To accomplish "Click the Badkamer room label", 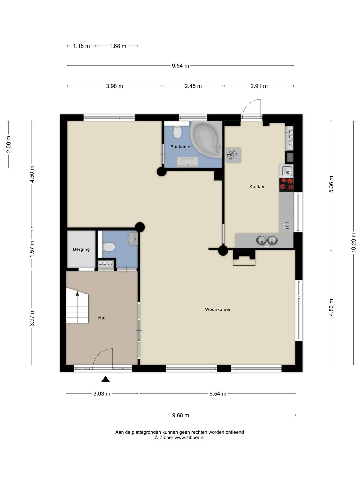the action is coord(181,147).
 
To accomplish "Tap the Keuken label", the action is coord(257,186).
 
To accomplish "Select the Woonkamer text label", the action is coord(218,309).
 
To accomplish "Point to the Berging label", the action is coord(81,249).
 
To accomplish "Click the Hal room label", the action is coord(102,318).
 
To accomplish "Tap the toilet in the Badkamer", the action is coord(178,132).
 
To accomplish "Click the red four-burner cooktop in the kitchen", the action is coord(286,184).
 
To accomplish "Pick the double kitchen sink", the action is coord(267,240).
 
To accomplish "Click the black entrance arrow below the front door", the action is coord(106,379).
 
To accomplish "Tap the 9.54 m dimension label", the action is coord(180,66).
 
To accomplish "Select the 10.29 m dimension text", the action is coord(354,243).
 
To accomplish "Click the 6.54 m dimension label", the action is coord(218,394).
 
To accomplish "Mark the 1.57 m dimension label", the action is coord(32,249).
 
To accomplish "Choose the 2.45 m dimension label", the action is coord(193,86).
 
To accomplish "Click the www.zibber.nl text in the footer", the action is coord(190,437).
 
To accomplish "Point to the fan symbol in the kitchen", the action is coord(232,155).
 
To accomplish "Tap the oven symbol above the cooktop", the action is coord(287,171).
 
